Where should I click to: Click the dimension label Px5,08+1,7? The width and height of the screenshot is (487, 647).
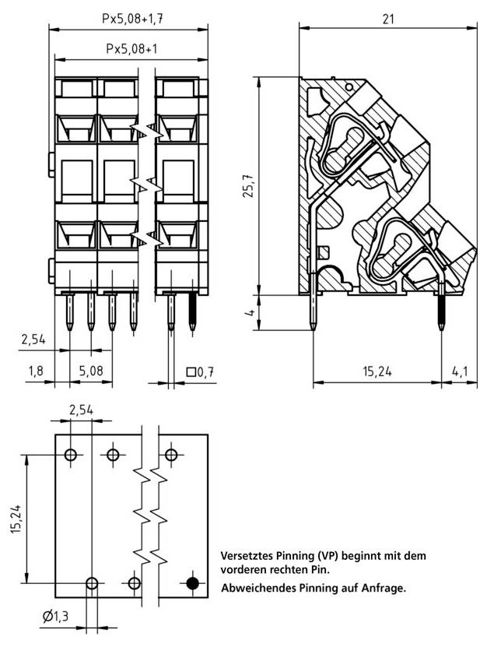tap(130, 17)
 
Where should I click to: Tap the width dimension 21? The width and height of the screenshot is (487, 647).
tap(388, 17)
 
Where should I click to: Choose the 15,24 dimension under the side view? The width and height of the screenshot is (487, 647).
tap(377, 371)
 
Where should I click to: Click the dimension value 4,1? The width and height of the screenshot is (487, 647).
tap(459, 371)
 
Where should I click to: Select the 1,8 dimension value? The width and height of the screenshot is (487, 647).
tap(36, 371)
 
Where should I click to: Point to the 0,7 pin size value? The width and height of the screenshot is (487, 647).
tap(205, 372)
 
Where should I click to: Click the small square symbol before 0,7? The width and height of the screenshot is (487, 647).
tap(191, 372)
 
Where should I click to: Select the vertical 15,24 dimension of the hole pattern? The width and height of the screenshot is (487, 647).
tap(16, 519)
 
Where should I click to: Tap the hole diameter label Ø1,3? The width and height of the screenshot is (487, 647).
tap(55, 617)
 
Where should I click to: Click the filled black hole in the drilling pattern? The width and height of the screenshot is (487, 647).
tap(193, 582)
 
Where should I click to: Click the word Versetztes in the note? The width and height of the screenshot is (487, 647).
tap(247, 556)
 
